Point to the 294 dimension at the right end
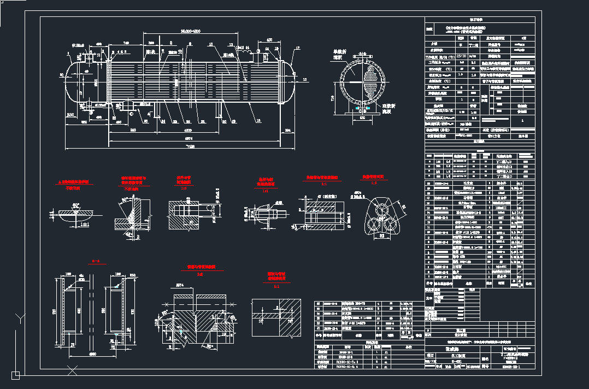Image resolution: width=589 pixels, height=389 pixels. (x=288, y=130)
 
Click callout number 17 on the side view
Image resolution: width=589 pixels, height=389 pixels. (x=298, y=49)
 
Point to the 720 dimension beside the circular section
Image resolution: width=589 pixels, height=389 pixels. (x=332, y=98)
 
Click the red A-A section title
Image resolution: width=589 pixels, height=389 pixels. (x=96, y=262)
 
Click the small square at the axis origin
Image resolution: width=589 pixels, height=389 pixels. (x=15, y=375)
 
